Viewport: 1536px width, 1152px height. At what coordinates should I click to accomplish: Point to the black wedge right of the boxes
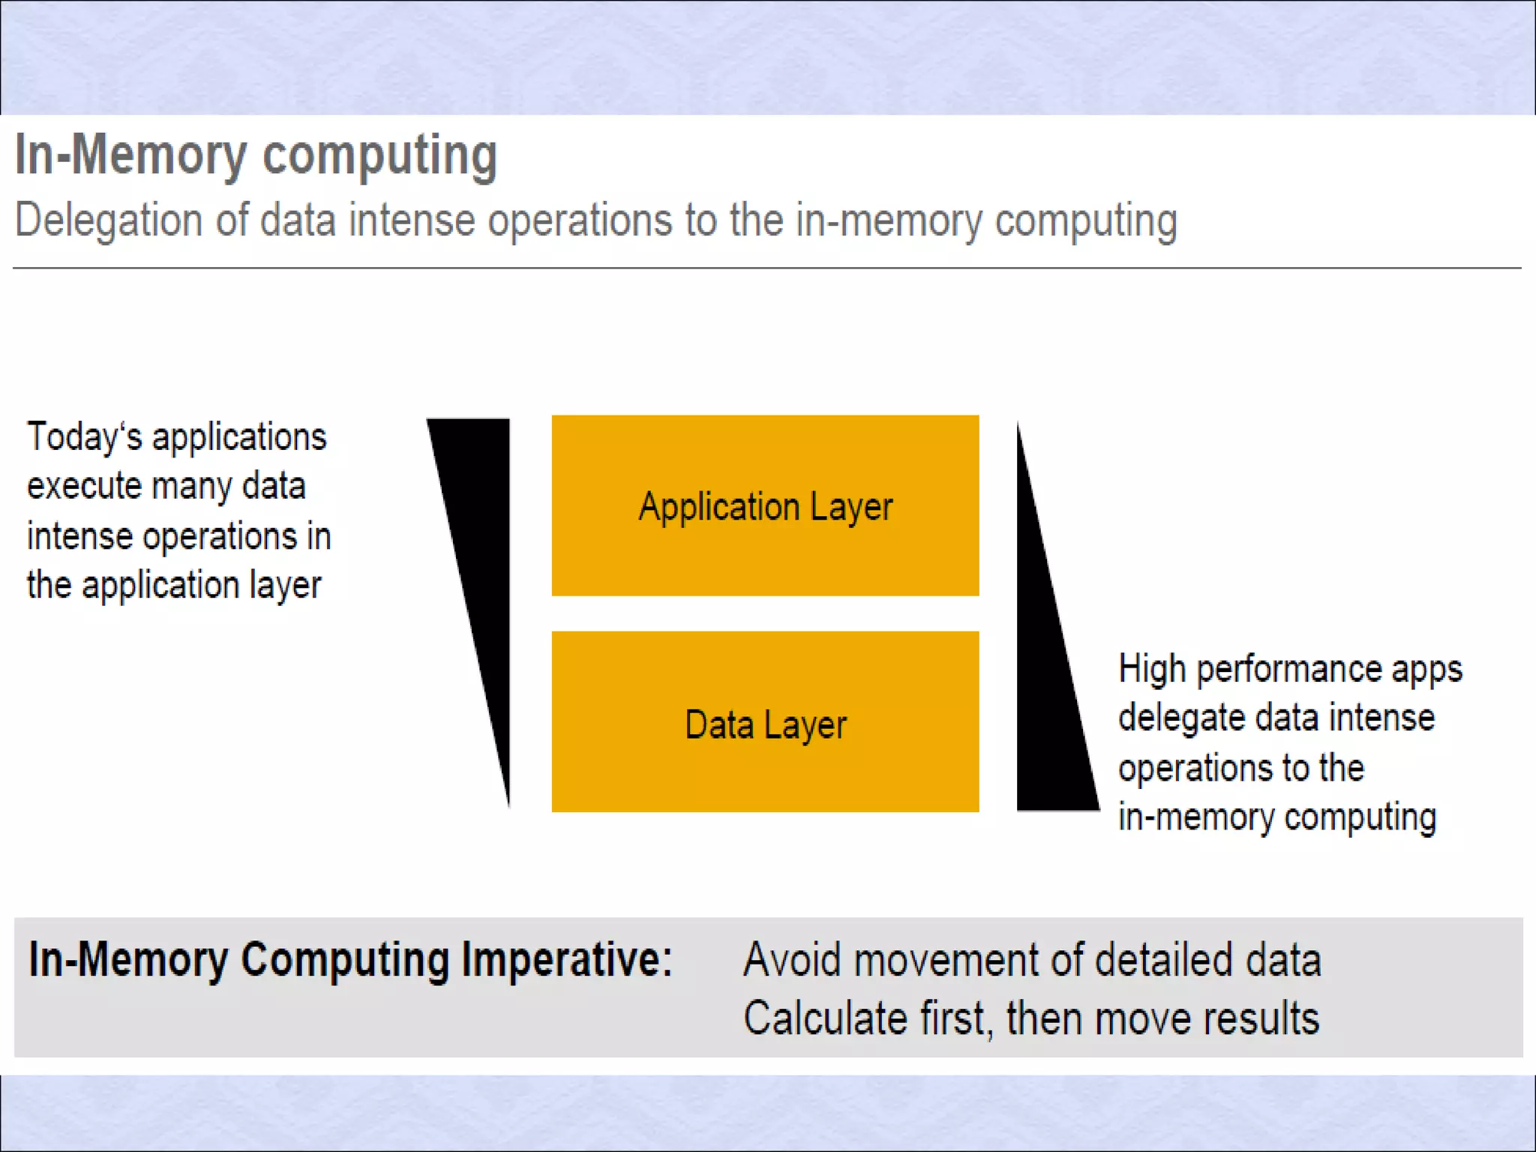1050,712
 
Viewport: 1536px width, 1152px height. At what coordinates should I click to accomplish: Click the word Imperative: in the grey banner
567,960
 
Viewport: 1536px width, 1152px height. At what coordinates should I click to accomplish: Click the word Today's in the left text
84,436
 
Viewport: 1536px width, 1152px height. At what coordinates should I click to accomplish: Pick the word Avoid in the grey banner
792,960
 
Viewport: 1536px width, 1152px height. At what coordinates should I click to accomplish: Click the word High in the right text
1151,669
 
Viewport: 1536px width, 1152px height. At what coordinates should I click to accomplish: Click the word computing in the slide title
379,155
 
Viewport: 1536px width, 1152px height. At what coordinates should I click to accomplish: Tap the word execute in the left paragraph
84,486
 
